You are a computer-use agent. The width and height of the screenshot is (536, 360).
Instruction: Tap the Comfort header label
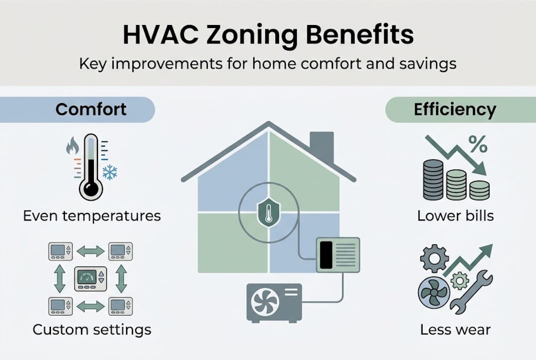[91, 109]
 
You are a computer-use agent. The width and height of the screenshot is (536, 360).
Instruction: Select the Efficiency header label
[455, 109]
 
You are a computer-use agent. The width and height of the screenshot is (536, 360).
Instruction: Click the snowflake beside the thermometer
[109, 173]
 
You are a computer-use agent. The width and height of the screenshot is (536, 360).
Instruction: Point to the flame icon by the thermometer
[73, 146]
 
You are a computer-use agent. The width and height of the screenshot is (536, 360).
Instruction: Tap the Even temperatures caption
[92, 216]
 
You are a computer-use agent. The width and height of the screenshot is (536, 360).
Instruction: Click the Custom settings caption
[92, 330]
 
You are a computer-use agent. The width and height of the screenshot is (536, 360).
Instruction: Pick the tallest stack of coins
[433, 180]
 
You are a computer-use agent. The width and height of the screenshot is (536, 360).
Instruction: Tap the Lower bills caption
[455, 216]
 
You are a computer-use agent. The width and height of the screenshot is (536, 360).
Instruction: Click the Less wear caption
[455, 330]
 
